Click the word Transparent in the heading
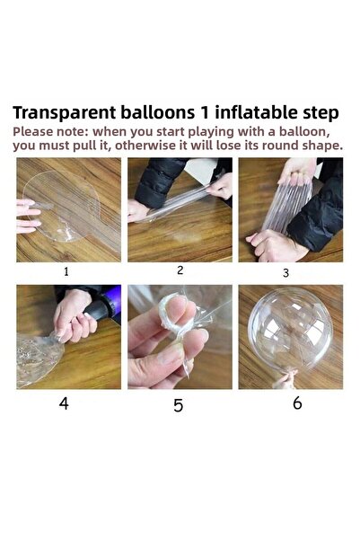click(x=65, y=113)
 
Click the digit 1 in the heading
click(x=205, y=112)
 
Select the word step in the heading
click(x=320, y=113)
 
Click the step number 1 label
click(x=66, y=271)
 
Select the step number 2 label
click(x=180, y=270)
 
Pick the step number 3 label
click(x=285, y=273)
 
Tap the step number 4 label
click(x=64, y=403)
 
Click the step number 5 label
click(x=179, y=405)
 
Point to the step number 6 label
click(x=298, y=403)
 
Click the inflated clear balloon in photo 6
click(x=290, y=331)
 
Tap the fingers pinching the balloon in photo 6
click(x=285, y=381)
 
